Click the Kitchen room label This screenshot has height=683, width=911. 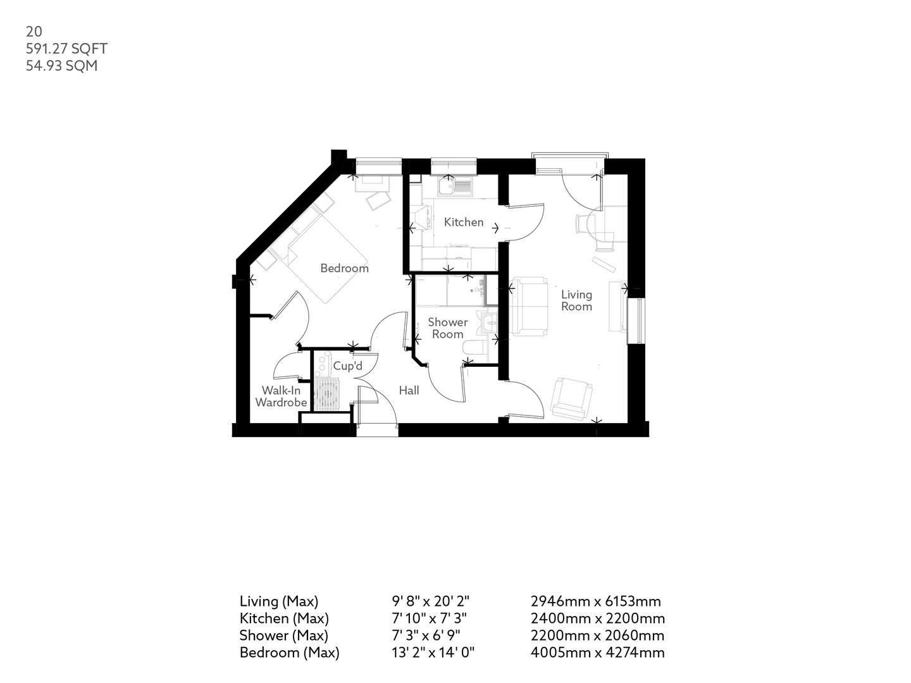[463, 222]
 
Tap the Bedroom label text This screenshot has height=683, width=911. [344, 268]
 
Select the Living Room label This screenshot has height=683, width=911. [576, 300]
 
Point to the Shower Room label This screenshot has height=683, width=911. [447, 328]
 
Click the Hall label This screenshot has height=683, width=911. [409, 391]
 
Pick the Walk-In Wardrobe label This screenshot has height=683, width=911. [281, 397]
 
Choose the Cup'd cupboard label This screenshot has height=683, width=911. [347, 366]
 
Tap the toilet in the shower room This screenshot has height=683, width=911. [474, 350]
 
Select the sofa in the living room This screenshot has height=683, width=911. [530, 306]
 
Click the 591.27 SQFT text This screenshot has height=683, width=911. [66, 49]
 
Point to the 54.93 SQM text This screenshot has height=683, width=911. [61, 65]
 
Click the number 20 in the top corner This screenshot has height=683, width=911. [34, 32]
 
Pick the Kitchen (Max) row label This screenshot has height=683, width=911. [284, 618]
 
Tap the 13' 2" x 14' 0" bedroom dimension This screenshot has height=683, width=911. [433, 652]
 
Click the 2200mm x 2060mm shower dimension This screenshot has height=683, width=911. [597, 635]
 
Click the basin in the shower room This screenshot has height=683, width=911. [488, 324]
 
